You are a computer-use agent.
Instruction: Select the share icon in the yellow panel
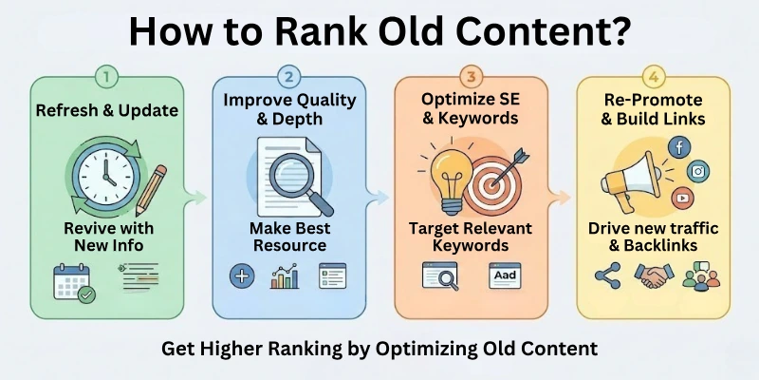(605, 276)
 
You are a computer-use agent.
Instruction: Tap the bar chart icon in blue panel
(285, 278)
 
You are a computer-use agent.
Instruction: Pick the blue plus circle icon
(241, 277)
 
